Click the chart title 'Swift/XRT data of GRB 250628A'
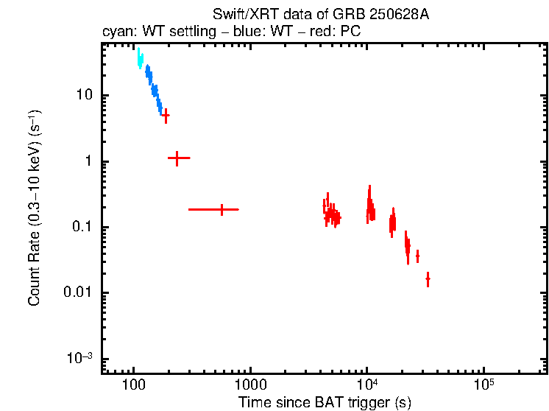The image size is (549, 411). pyautogui.click(x=320, y=15)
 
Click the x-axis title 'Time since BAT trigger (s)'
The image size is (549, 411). pyautogui.click(x=325, y=402)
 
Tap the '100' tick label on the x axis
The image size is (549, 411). pyautogui.click(x=133, y=385)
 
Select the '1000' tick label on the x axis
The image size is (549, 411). pyautogui.click(x=250, y=385)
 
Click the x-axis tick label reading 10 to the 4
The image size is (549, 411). pyautogui.click(x=366, y=384)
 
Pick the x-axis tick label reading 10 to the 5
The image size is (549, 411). pyautogui.click(x=484, y=384)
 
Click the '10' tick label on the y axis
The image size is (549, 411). pyautogui.click(x=82, y=96)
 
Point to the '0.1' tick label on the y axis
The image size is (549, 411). pyautogui.click(x=80, y=228)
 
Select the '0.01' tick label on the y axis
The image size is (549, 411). pyautogui.click(x=77, y=293)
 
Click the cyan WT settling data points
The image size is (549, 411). pyautogui.click(x=140, y=60)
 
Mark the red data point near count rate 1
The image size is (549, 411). pyautogui.click(x=178, y=158)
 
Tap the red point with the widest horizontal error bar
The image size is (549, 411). pyautogui.click(x=222, y=210)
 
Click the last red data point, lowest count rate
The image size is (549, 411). pyautogui.click(x=428, y=279)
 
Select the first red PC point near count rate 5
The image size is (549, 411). pyautogui.click(x=166, y=116)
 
